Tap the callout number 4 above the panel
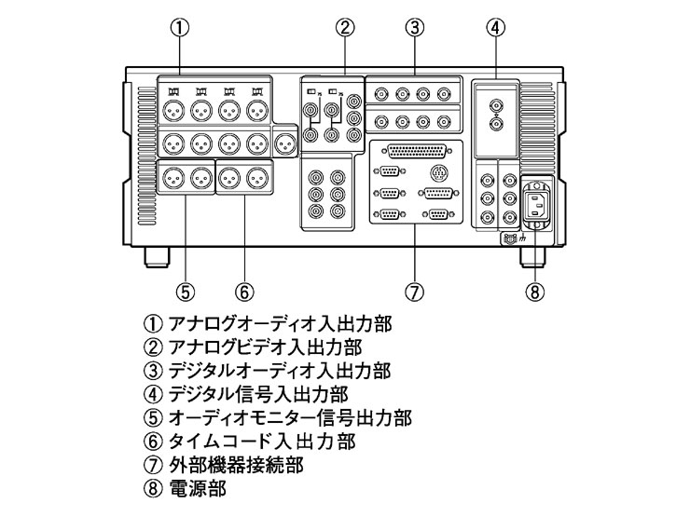pyautogui.click(x=496, y=27)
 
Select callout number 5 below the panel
pyautogui.click(x=185, y=292)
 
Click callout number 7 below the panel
pyautogui.click(x=415, y=292)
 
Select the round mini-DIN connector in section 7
pyautogui.click(x=441, y=171)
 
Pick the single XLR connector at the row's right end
pyautogui.click(x=287, y=143)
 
